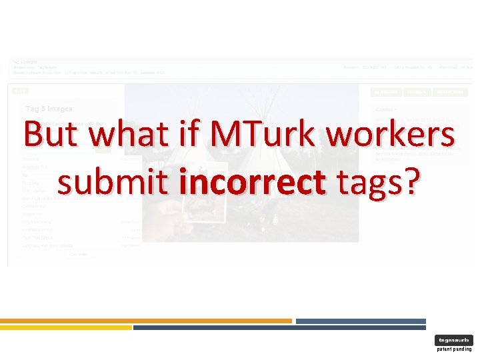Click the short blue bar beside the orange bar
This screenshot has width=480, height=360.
[360, 321]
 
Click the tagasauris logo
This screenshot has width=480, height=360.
[453, 340]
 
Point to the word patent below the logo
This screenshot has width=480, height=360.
[445, 349]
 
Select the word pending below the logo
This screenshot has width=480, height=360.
[463, 349]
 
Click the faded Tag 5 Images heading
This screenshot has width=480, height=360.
[49, 108]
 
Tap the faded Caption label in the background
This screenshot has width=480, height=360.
[385, 108]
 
